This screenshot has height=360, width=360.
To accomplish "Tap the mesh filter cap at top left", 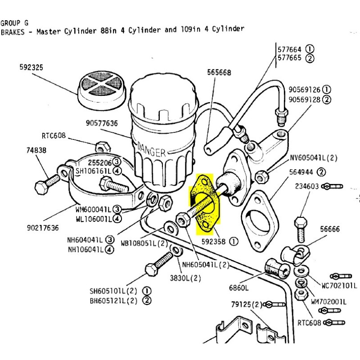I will [99, 90].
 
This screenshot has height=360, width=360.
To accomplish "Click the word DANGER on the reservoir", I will [152, 149].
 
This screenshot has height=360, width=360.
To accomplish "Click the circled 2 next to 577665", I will [310, 58].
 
